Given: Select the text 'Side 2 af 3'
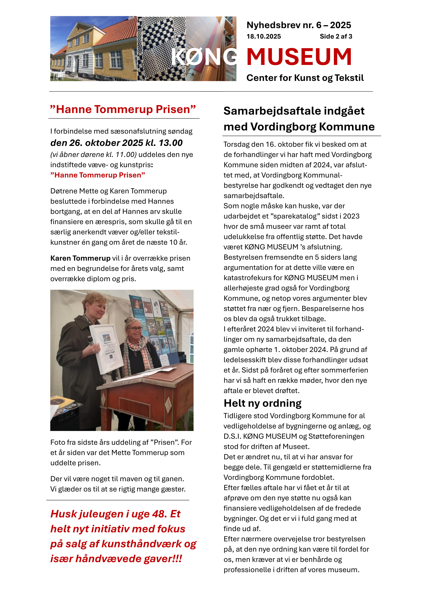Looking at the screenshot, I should pos(336,37).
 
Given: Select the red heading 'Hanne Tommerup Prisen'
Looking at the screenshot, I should pos(123,109).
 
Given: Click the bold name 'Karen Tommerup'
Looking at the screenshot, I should pos(80,258).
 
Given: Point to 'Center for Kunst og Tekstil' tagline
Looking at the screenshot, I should pos(305,78).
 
